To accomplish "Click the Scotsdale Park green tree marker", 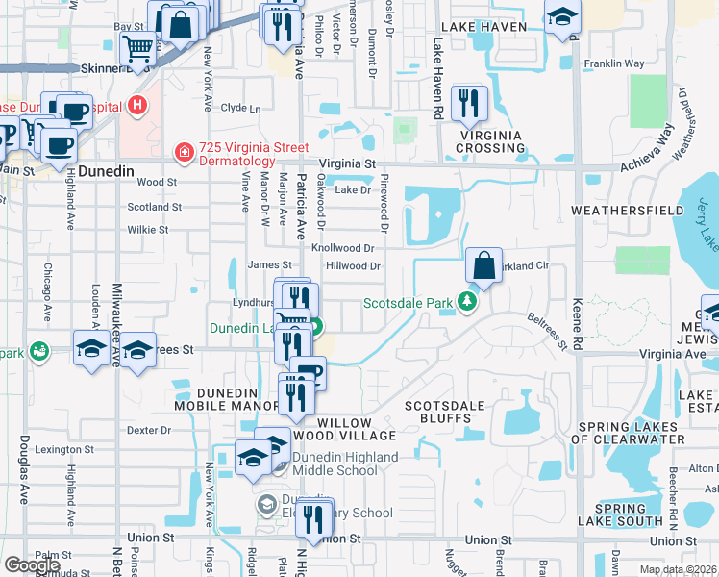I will pyautogui.click(x=467, y=302).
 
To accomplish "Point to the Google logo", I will pyautogui.click(x=32, y=564).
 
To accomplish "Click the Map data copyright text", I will pyautogui.click(x=678, y=569).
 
